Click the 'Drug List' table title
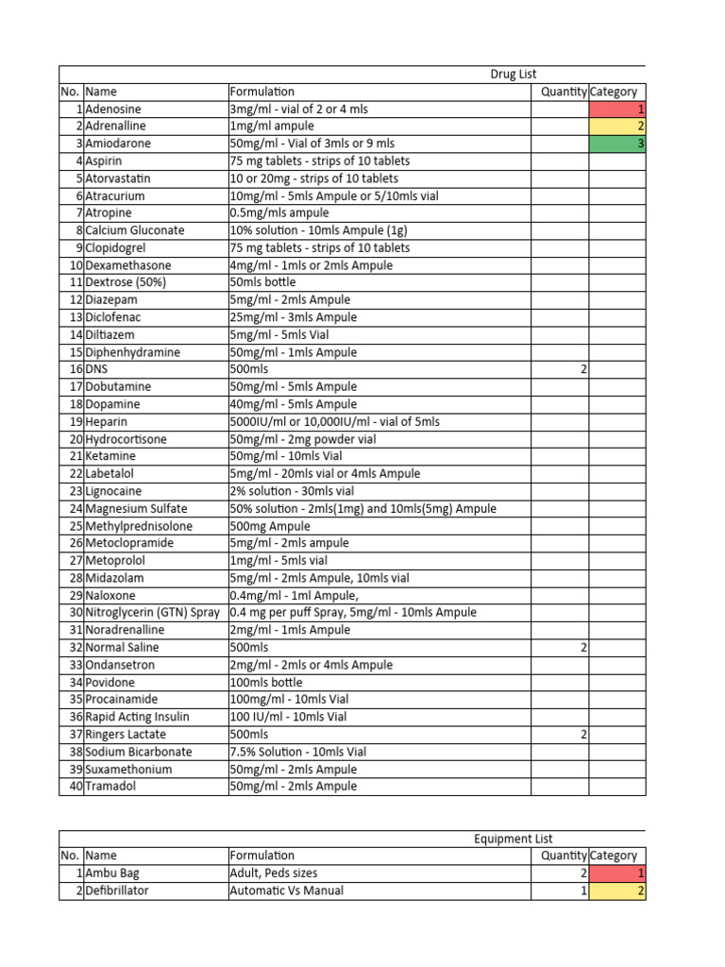513,75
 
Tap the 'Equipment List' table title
513,839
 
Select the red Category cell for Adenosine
617,110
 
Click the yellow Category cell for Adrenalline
617,127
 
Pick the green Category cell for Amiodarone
617,144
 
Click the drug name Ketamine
111,456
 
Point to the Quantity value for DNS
583,369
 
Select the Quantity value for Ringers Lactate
583,734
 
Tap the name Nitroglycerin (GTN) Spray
154,612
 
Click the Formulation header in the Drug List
261,92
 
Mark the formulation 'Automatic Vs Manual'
286,891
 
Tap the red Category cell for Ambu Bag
617,874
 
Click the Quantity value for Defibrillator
583,891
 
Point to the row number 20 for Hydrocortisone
76,439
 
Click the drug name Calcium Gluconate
134,230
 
